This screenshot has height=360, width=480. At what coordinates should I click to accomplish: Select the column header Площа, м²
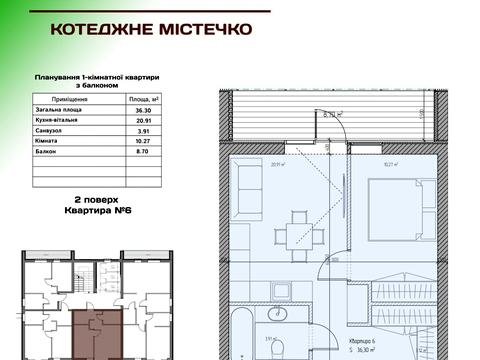coord(144,99)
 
